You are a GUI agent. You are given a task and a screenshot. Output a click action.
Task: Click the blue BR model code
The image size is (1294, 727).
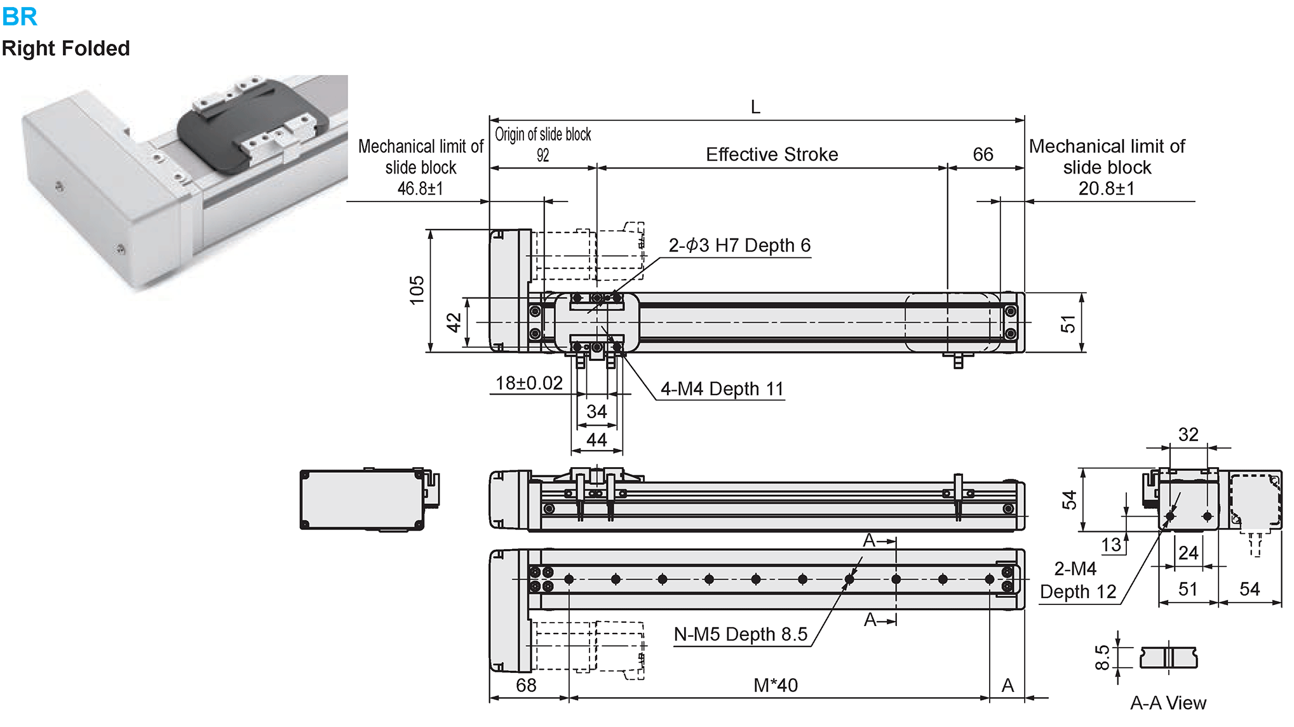point(20,17)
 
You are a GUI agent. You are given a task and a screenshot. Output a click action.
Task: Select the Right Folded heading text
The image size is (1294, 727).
point(65,48)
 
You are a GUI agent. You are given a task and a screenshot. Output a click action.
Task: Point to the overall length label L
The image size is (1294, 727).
point(755,107)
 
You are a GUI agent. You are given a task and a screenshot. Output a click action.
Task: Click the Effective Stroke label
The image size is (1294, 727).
point(772,154)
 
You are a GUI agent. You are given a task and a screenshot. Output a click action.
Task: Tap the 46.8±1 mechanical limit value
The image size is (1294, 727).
point(420,189)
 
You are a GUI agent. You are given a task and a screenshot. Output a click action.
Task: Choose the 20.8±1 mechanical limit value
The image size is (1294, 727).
point(1106,189)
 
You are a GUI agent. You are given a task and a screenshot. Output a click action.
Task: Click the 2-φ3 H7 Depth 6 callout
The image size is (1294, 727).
point(739,245)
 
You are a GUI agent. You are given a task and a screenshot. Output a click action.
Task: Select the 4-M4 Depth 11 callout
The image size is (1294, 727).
point(722,389)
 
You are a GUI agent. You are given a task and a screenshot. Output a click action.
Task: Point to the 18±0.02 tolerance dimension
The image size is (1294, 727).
point(529,383)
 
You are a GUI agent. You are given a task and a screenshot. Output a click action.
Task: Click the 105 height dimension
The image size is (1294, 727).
point(417,290)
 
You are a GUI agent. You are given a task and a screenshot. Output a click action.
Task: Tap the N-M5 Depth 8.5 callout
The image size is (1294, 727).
point(740,634)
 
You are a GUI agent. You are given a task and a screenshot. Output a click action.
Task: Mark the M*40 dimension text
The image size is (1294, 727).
point(776,685)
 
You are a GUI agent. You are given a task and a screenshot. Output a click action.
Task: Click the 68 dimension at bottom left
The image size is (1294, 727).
point(526,685)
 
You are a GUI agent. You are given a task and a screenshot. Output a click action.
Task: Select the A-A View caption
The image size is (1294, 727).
point(1168,703)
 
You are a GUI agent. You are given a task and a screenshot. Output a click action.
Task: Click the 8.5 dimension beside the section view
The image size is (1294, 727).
point(1103,658)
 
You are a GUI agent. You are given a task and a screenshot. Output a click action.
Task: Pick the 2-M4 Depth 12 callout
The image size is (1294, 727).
point(1077,580)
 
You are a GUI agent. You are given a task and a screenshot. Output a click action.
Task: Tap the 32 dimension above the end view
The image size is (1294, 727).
point(1188,435)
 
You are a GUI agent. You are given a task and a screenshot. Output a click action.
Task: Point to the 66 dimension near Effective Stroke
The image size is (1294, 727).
point(983,154)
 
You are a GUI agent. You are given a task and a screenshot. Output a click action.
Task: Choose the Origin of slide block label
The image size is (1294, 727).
point(543,135)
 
